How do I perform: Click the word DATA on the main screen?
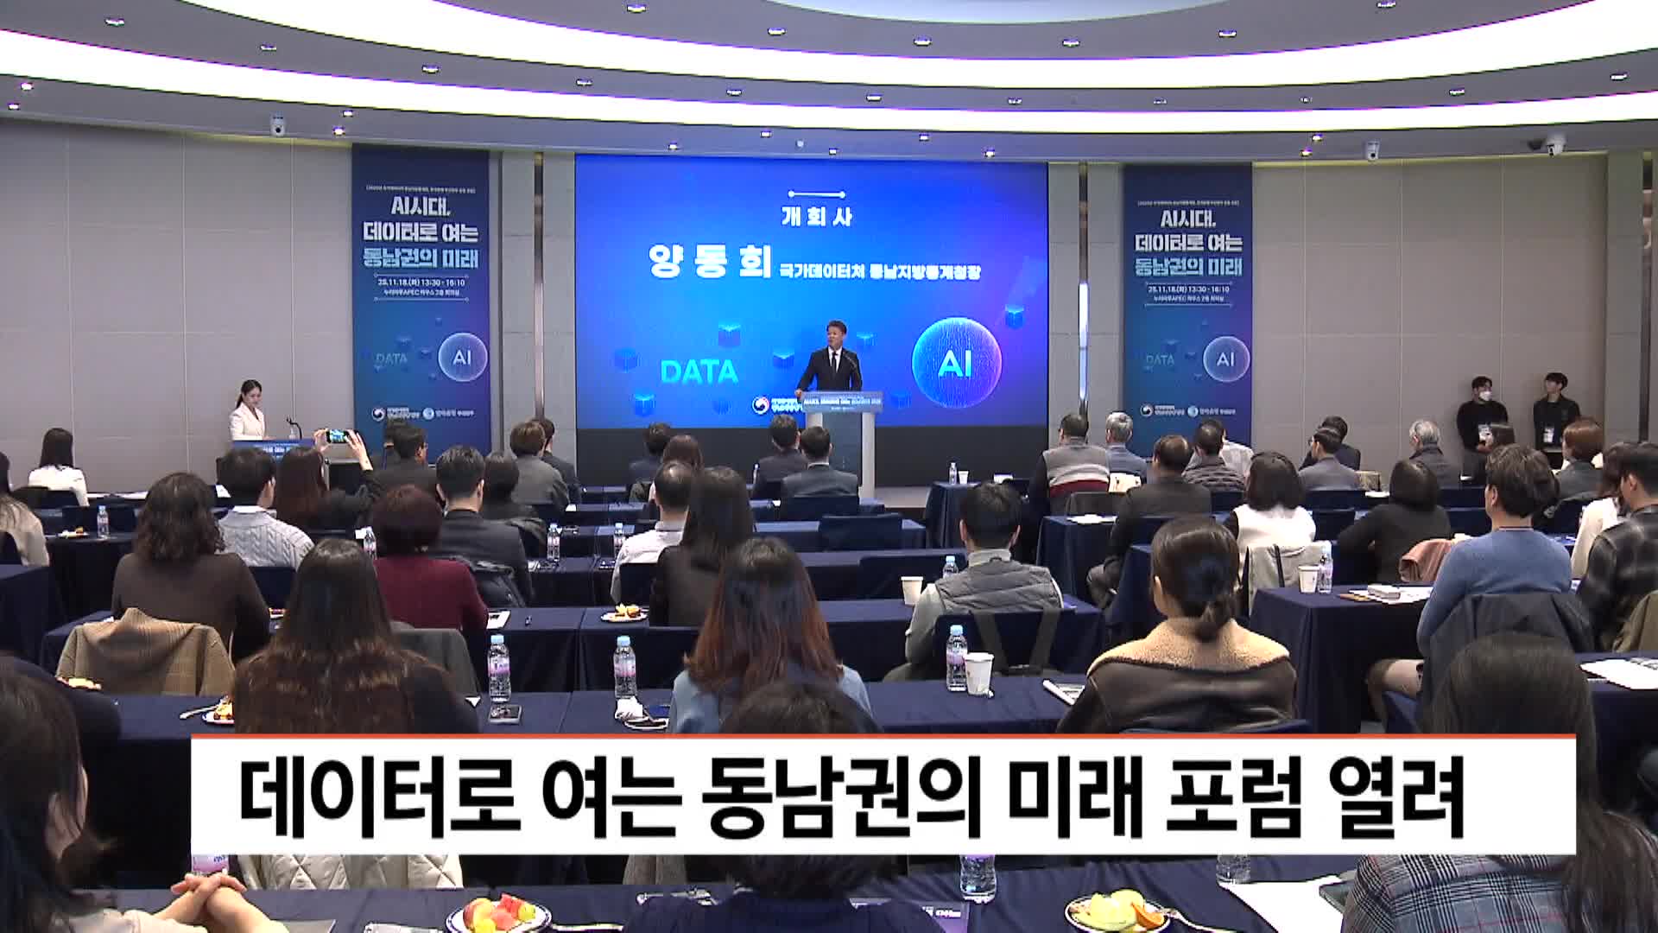pyautogui.click(x=699, y=371)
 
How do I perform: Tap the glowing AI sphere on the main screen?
pyautogui.click(x=956, y=363)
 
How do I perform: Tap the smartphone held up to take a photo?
pyautogui.click(x=336, y=436)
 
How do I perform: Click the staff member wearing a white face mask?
pyautogui.click(x=1482, y=415)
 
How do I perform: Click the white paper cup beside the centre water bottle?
pyautogui.click(x=978, y=673)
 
